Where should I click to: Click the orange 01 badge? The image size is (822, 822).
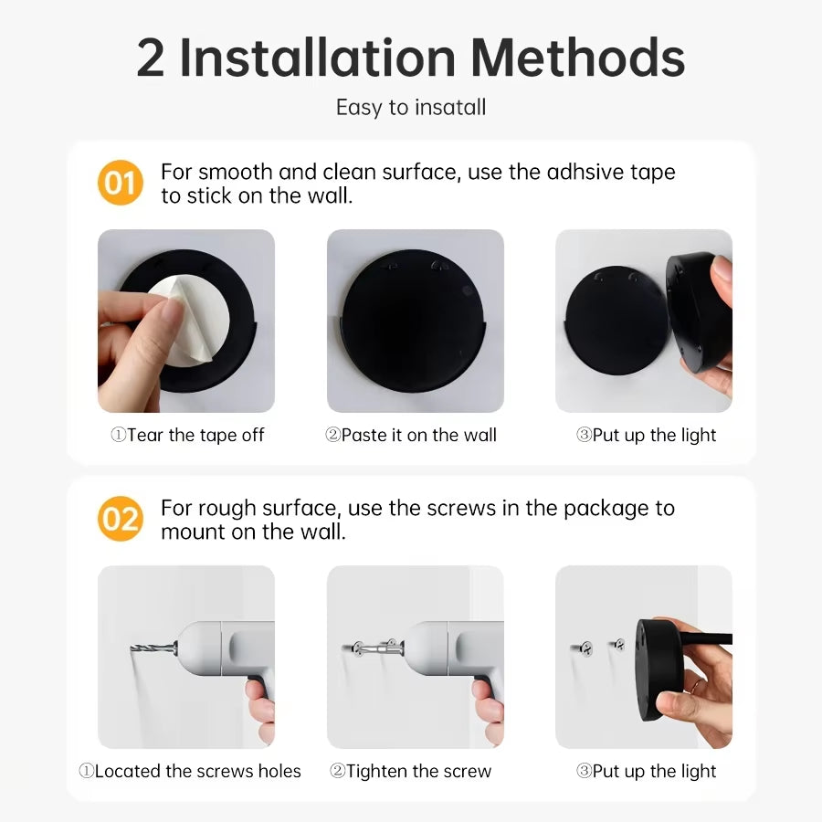point(120,184)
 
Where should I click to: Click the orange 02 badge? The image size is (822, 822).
point(120,520)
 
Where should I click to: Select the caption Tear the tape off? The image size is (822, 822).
point(187,436)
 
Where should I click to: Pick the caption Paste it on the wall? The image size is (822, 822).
point(412,436)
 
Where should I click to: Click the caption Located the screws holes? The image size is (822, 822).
point(189,772)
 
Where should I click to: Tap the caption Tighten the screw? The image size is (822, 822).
point(410,772)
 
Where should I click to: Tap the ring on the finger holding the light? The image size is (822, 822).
point(697,684)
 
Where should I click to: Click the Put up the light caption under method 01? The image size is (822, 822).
point(646,436)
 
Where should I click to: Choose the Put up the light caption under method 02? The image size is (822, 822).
point(646,772)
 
